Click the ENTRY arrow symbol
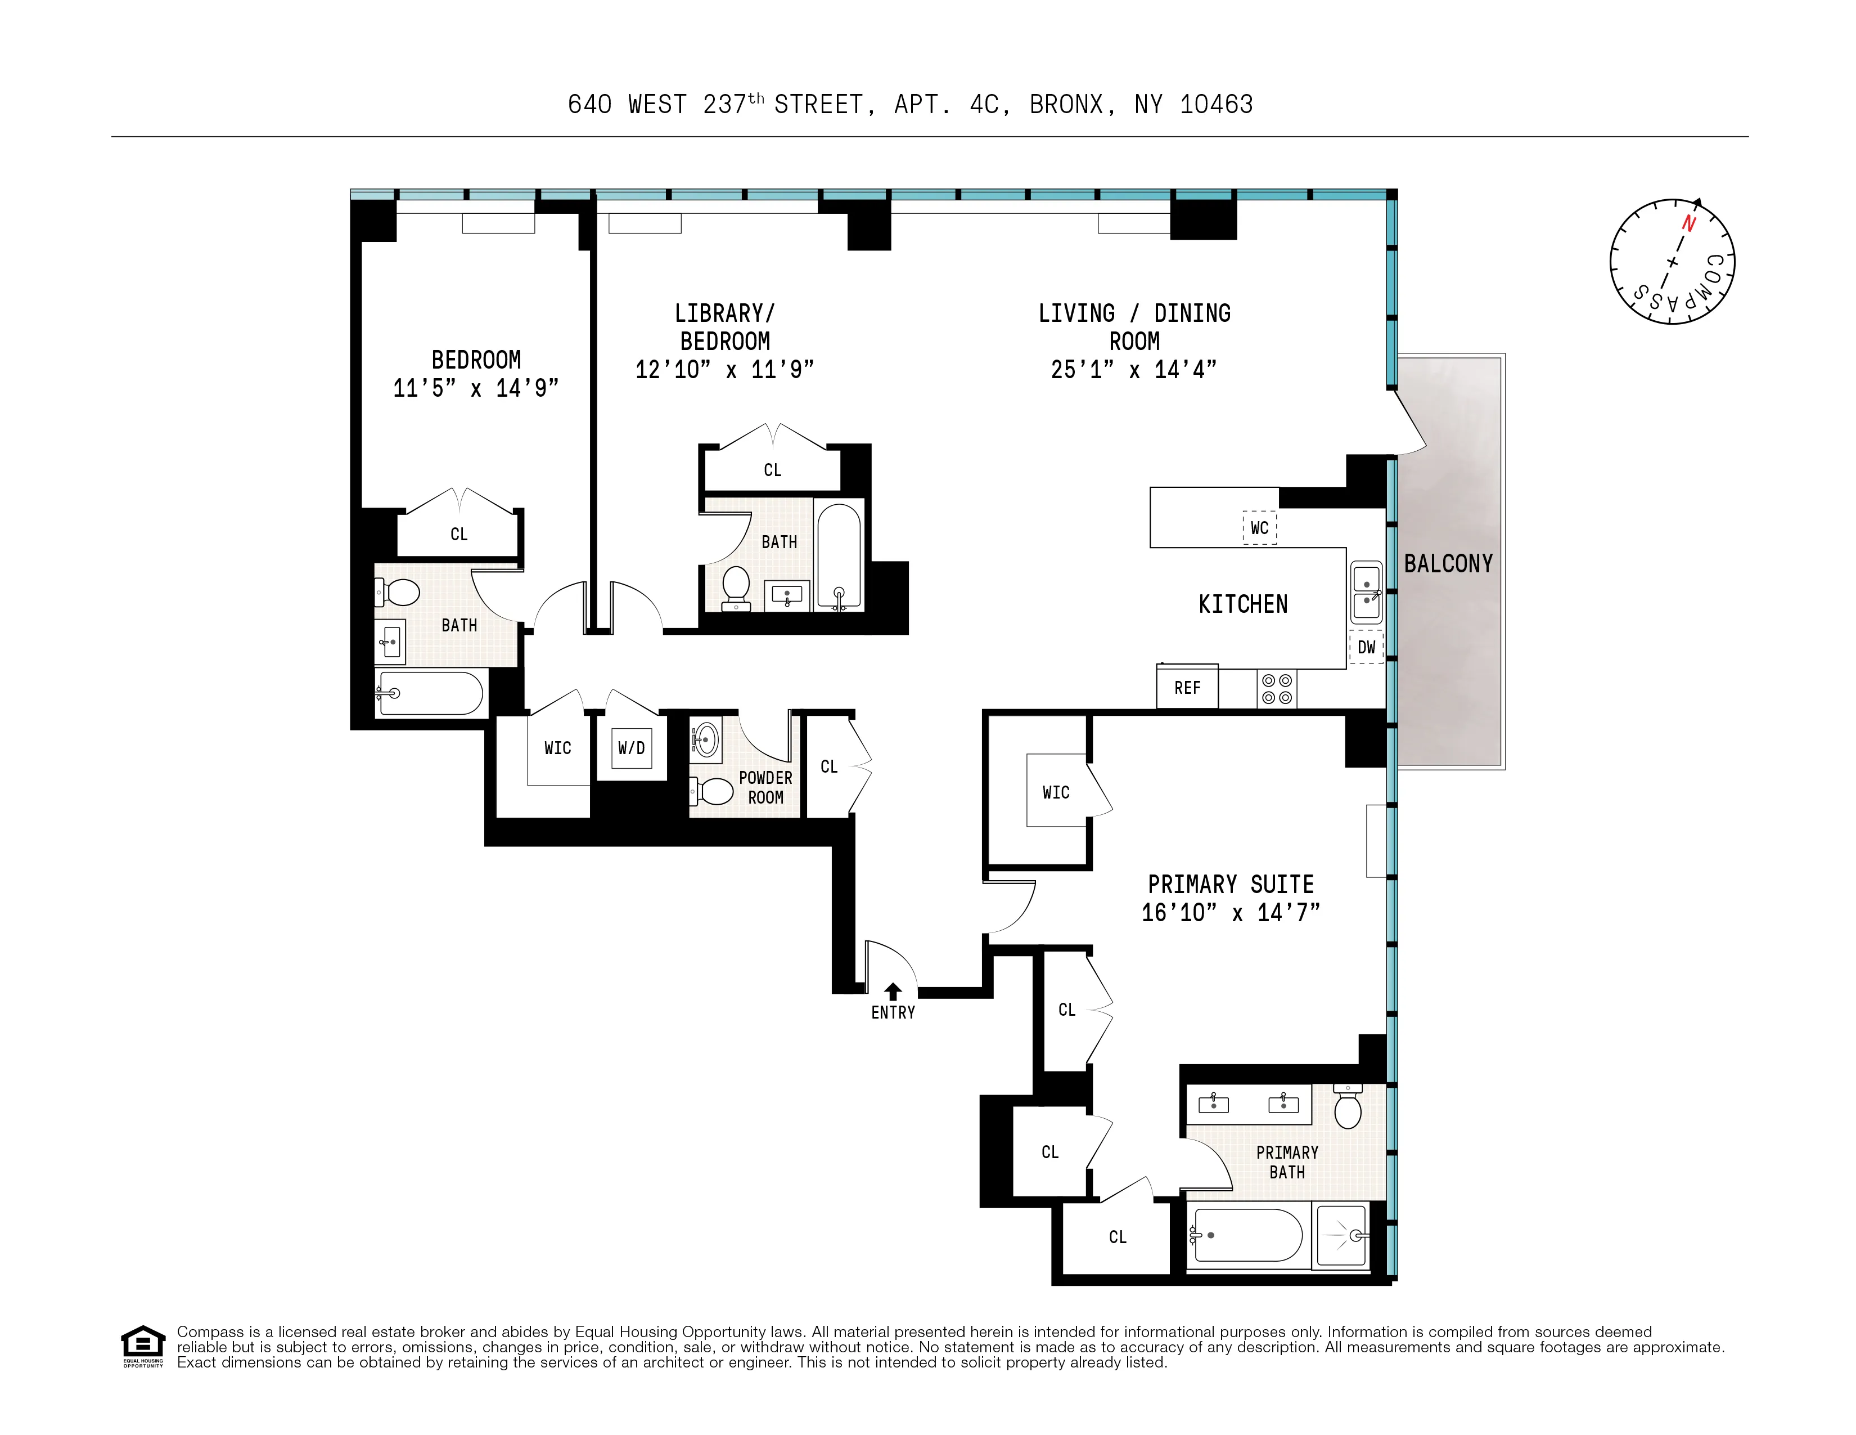coord(893,991)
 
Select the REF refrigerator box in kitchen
coord(1187,687)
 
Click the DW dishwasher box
coord(1366,647)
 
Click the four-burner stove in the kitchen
coord(1277,689)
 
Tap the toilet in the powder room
coord(712,791)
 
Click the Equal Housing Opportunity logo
coord(143,1346)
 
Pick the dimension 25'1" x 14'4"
coord(1134,370)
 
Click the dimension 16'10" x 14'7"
coord(1229,913)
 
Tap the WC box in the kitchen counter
coord(1259,528)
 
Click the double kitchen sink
coord(1366,593)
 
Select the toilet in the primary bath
coord(1348,1106)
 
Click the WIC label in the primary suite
coord(1056,792)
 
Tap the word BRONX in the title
coord(1066,105)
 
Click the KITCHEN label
coord(1242,604)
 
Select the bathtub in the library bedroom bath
coord(839,554)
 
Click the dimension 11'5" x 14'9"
coord(476,388)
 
